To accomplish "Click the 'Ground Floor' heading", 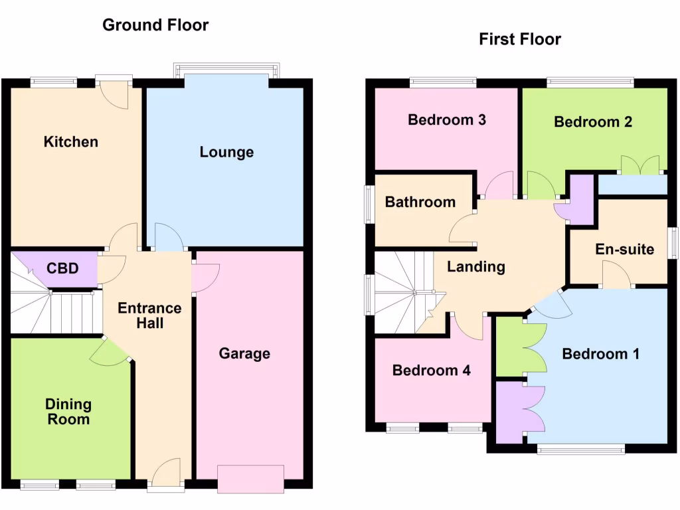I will click(x=155, y=25).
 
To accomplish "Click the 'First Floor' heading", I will click(x=520, y=39).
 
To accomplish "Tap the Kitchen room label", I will click(x=70, y=141).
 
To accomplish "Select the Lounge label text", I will click(x=226, y=152).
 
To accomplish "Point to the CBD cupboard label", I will click(x=62, y=269).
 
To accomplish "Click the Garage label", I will click(x=244, y=353).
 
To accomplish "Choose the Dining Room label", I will click(x=68, y=412).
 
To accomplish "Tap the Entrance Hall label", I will click(x=149, y=315).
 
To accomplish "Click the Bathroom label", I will click(x=420, y=202).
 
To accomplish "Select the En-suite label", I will click(x=624, y=250).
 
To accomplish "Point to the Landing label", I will click(x=475, y=267).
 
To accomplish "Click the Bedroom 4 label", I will click(x=431, y=371).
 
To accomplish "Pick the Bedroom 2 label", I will click(x=593, y=122).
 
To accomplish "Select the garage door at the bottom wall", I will click(x=250, y=479).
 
